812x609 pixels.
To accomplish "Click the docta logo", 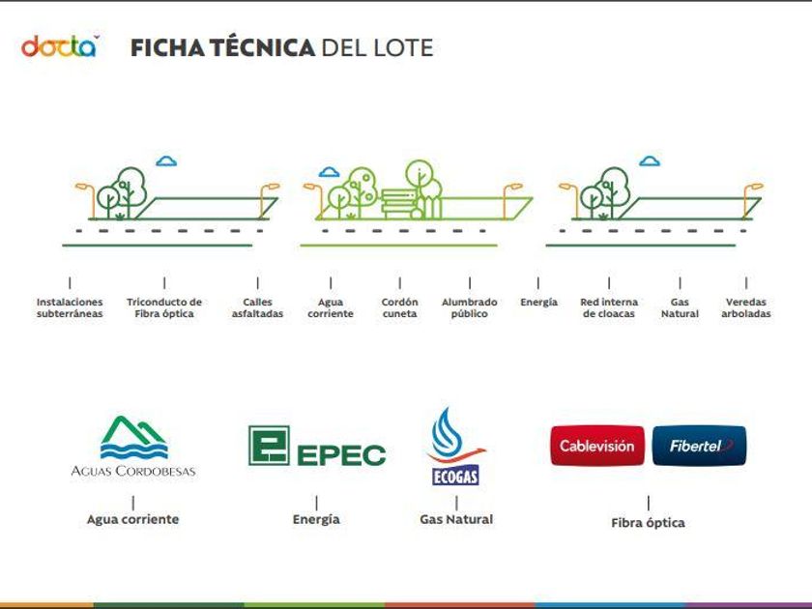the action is [x=60, y=46].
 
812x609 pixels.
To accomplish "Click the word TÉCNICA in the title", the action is [x=263, y=46].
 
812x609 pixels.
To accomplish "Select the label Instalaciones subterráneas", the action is [x=70, y=307].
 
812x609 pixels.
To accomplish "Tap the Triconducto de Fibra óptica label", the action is [x=164, y=307].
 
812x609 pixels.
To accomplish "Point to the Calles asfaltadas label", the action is [x=257, y=307].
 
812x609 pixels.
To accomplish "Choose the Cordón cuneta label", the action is [x=400, y=307].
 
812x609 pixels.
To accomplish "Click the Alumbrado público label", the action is [x=469, y=307].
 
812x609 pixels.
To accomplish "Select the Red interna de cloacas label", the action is [x=609, y=307].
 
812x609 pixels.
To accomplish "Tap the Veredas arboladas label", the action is [x=746, y=307].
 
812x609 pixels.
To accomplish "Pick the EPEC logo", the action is [x=317, y=446].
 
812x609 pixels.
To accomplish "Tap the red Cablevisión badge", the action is [x=597, y=446].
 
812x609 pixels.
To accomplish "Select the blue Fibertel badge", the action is [x=700, y=446].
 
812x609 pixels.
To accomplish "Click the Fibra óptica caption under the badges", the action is [x=649, y=523].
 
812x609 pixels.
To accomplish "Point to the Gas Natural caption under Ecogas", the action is [x=456, y=519].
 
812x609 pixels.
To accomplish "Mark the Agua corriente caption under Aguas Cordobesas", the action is [x=133, y=519].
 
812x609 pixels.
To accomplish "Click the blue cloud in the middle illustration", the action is [x=330, y=172].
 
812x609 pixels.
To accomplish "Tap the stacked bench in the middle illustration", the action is [x=398, y=204].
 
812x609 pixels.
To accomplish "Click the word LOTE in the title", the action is [x=403, y=47].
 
